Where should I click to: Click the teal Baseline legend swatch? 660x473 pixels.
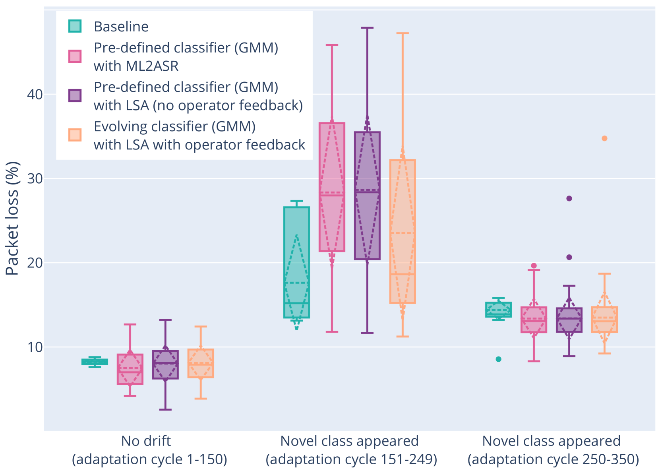pos(75,26)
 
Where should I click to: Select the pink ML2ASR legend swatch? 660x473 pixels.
pos(75,56)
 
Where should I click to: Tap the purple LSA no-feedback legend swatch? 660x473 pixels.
pos(75,96)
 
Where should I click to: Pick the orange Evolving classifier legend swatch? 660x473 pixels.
pos(75,135)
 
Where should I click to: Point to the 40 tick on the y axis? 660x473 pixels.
pos(35,95)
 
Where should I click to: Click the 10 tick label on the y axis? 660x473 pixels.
pos(35,347)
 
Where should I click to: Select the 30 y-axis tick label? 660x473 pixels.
pos(35,179)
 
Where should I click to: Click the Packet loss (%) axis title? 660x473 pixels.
pos(12,218)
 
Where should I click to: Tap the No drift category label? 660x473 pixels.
pos(146,441)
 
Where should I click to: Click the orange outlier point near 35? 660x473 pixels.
pos(604,138)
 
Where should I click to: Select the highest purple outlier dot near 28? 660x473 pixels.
pos(569,198)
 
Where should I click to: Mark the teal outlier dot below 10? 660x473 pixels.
pos(498,359)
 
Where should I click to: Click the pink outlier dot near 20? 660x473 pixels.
pos(534,266)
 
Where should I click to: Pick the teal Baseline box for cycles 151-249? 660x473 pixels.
pos(296,262)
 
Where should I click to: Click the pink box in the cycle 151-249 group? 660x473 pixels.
pos(332,187)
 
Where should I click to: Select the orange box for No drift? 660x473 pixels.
pos(201,363)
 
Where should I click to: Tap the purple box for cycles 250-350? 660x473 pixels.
pos(569,320)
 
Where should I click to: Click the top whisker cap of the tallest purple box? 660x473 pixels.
pos(367,28)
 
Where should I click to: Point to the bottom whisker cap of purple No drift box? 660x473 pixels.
pos(165,409)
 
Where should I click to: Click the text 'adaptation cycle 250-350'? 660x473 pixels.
pos(553,459)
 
